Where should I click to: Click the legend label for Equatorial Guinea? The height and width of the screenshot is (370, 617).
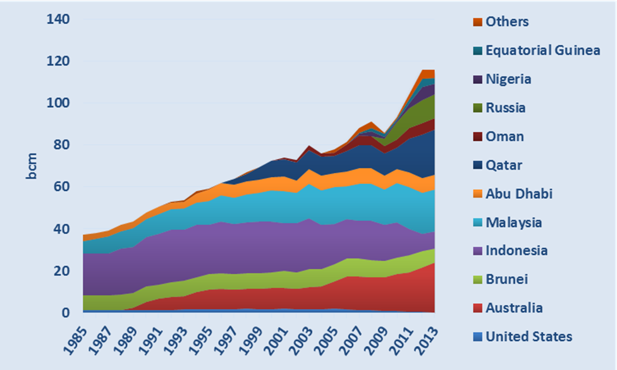542,51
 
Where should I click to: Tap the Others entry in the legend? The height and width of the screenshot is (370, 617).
507,21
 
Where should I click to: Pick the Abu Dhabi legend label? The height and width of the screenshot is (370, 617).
518,193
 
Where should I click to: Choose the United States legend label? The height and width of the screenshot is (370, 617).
528,337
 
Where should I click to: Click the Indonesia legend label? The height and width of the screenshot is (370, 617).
516,251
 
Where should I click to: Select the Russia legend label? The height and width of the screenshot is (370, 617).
505,107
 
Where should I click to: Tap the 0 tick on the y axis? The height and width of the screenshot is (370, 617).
66,313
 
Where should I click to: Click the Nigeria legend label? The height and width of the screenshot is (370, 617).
508,79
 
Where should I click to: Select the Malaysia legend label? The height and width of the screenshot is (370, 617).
513,222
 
